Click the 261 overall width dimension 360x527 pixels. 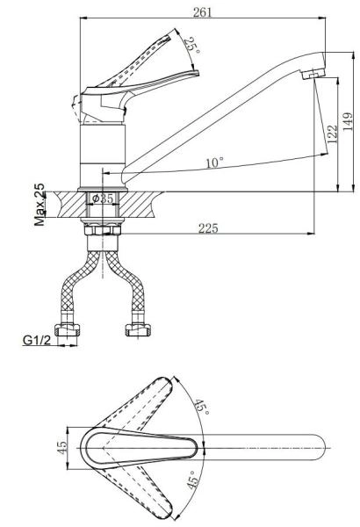(x=203, y=12)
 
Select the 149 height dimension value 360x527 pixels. (x=349, y=121)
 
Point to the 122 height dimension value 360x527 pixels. (x=332, y=134)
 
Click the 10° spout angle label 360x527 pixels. (x=215, y=163)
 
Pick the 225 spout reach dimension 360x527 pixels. (x=208, y=228)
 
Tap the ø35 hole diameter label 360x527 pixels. (x=103, y=199)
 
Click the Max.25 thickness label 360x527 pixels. (x=40, y=205)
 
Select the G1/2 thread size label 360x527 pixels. (x=37, y=340)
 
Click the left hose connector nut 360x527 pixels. (x=68, y=330)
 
